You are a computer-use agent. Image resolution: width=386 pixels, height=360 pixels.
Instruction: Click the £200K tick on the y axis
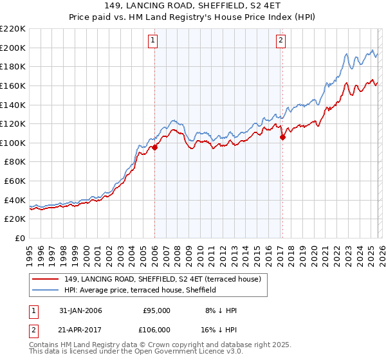click(13, 48)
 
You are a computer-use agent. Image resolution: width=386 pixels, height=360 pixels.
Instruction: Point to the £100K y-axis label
click(13, 143)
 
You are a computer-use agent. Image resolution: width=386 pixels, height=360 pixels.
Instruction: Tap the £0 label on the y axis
click(19, 238)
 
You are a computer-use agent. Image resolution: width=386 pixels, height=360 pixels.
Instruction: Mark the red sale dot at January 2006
click(154, 148)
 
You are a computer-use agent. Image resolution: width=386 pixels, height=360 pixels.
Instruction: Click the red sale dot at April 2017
click(282, 137)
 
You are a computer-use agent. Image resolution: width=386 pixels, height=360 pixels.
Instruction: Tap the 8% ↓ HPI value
click(221, 310)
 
